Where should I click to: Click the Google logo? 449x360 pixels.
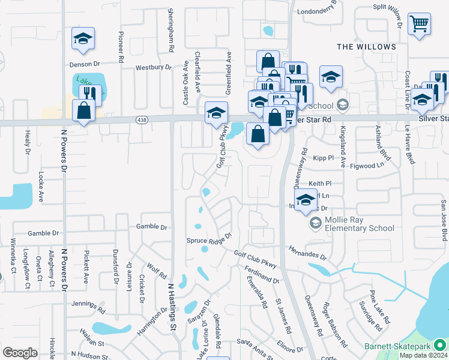(20, 353)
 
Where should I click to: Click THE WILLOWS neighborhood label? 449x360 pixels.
(366, 47)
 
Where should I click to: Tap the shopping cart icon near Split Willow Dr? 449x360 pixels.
(420, 25)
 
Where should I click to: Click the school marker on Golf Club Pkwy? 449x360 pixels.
(216, 113)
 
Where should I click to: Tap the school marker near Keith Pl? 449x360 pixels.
(306, 201)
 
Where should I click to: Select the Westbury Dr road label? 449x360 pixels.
(153, 68)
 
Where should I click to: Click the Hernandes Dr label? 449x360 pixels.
(307, 252)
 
